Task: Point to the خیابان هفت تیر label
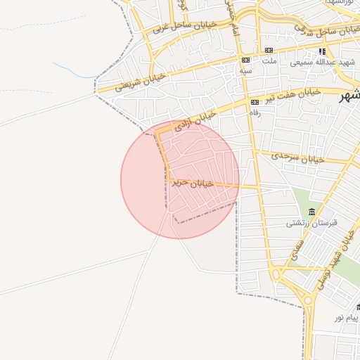pyautogui.click(x=293, y=94)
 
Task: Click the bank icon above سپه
pyautogui.click(x=245, y=60)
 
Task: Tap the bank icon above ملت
pyautogui.click(x=269, y=51)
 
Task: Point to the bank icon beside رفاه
pyautogui.click(x=255, y=102)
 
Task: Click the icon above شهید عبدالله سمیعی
pyautogui.click(x=322, y=51)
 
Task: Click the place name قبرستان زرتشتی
pyautogui.click(x=311, y=223)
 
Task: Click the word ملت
pyautogui.click(x=269, y=61)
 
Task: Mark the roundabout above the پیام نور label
pyautogui.click(x=308, y=302)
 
